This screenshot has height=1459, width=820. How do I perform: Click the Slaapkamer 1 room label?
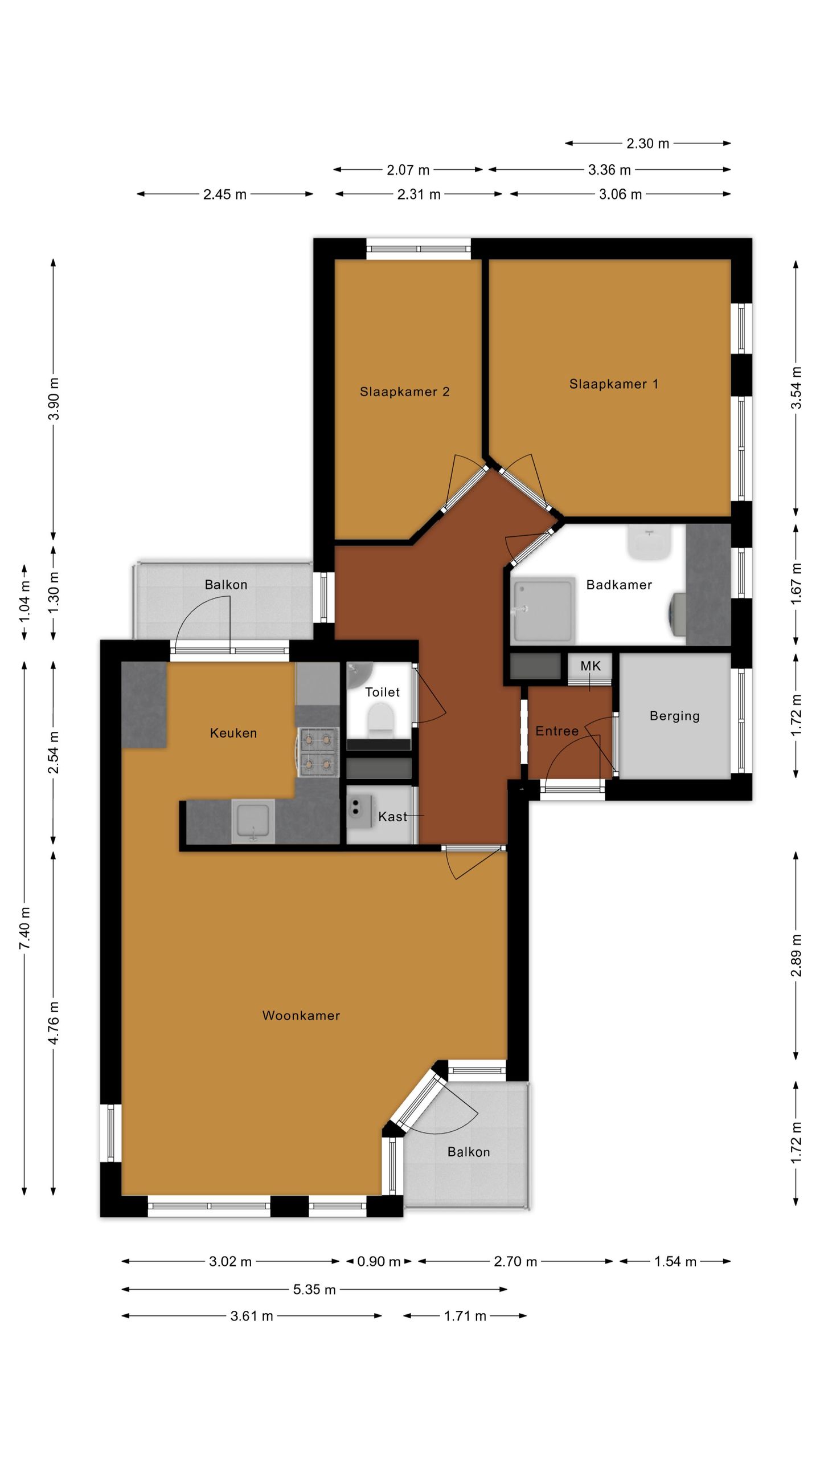click(613, 384)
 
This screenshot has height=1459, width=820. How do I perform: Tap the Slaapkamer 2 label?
click(404, 392)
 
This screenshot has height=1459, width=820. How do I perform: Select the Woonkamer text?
click(301, 1015)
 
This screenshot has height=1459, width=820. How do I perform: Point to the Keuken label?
click(233, 733)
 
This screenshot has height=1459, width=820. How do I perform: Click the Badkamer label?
click(619, 585)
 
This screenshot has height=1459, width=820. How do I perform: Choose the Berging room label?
click(674, 716)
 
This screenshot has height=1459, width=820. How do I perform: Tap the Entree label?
click(556, 731)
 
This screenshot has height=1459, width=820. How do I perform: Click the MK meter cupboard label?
click(590, 666)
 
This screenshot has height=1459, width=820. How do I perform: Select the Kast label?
click(392, 817)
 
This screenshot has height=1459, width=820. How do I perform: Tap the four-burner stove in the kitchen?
click(318, 752)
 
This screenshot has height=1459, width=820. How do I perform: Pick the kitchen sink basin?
click(253, 821)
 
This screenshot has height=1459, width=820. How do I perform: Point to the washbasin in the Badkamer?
click(649, 542)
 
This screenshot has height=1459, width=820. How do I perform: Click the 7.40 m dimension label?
click(25, 928)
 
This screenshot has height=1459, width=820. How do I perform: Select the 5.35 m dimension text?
click(314, 1289)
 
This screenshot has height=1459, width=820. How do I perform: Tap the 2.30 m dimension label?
click(647, 144)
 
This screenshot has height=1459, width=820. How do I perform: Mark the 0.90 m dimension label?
click(379, 1261)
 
